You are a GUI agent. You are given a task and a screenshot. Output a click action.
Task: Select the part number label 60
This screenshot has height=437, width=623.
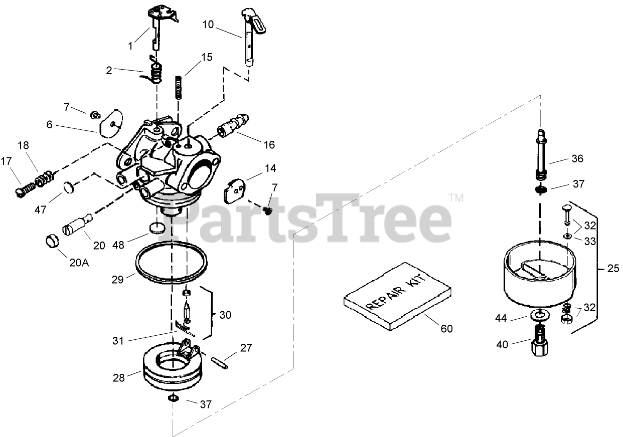pyautogui.click(x=446, y=328)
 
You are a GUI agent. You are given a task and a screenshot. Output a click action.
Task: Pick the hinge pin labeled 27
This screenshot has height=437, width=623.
pyautogui.click(x=219, y=361)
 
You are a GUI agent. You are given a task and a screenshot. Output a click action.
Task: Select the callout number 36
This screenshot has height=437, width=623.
pyautogui.click(x=577, y=159)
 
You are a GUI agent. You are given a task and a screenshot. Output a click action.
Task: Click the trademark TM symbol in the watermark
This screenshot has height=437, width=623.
pyautogui.click(x=456, y=198)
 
